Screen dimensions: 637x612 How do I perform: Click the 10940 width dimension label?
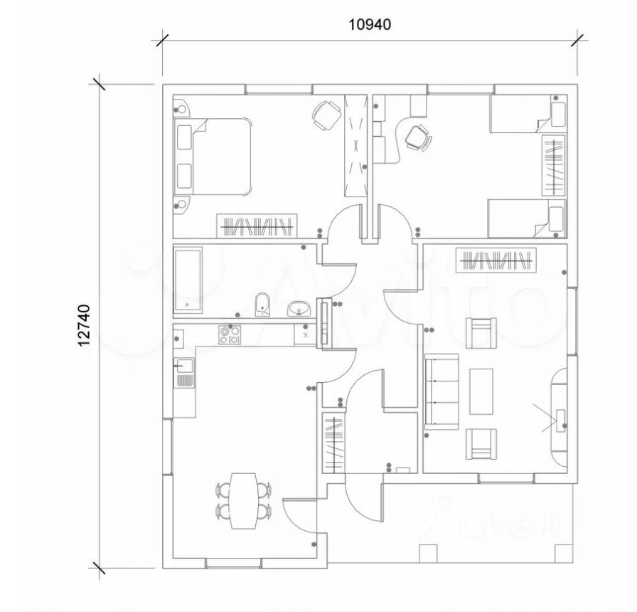[370, 25]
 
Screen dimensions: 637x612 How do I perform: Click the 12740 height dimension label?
[84, 325]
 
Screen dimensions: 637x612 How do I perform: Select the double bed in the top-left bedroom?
[213, 157]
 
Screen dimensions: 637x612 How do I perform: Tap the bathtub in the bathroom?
[188, 280]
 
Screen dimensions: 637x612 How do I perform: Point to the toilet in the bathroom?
[263, 304]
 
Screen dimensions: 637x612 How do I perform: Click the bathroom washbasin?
[300, 309]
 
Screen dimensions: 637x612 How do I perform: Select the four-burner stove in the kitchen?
[230, 335]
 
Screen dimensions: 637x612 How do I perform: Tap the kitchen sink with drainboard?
[184, 372]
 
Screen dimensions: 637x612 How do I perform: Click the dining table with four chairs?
[243, 500]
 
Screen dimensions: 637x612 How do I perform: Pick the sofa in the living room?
[441, 391]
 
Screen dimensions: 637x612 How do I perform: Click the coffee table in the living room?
[481, 391]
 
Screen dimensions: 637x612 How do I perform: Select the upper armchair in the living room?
[481, 332]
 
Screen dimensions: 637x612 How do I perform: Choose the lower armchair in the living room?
[481, 444]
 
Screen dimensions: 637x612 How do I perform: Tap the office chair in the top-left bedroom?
[326, 115]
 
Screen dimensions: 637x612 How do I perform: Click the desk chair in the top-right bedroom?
[418, 137]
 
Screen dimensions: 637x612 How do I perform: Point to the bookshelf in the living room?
[496, 260]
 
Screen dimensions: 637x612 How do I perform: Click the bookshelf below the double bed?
[257, 226]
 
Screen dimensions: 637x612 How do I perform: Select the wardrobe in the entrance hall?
[334, 443]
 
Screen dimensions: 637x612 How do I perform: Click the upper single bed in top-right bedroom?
[528, 114]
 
